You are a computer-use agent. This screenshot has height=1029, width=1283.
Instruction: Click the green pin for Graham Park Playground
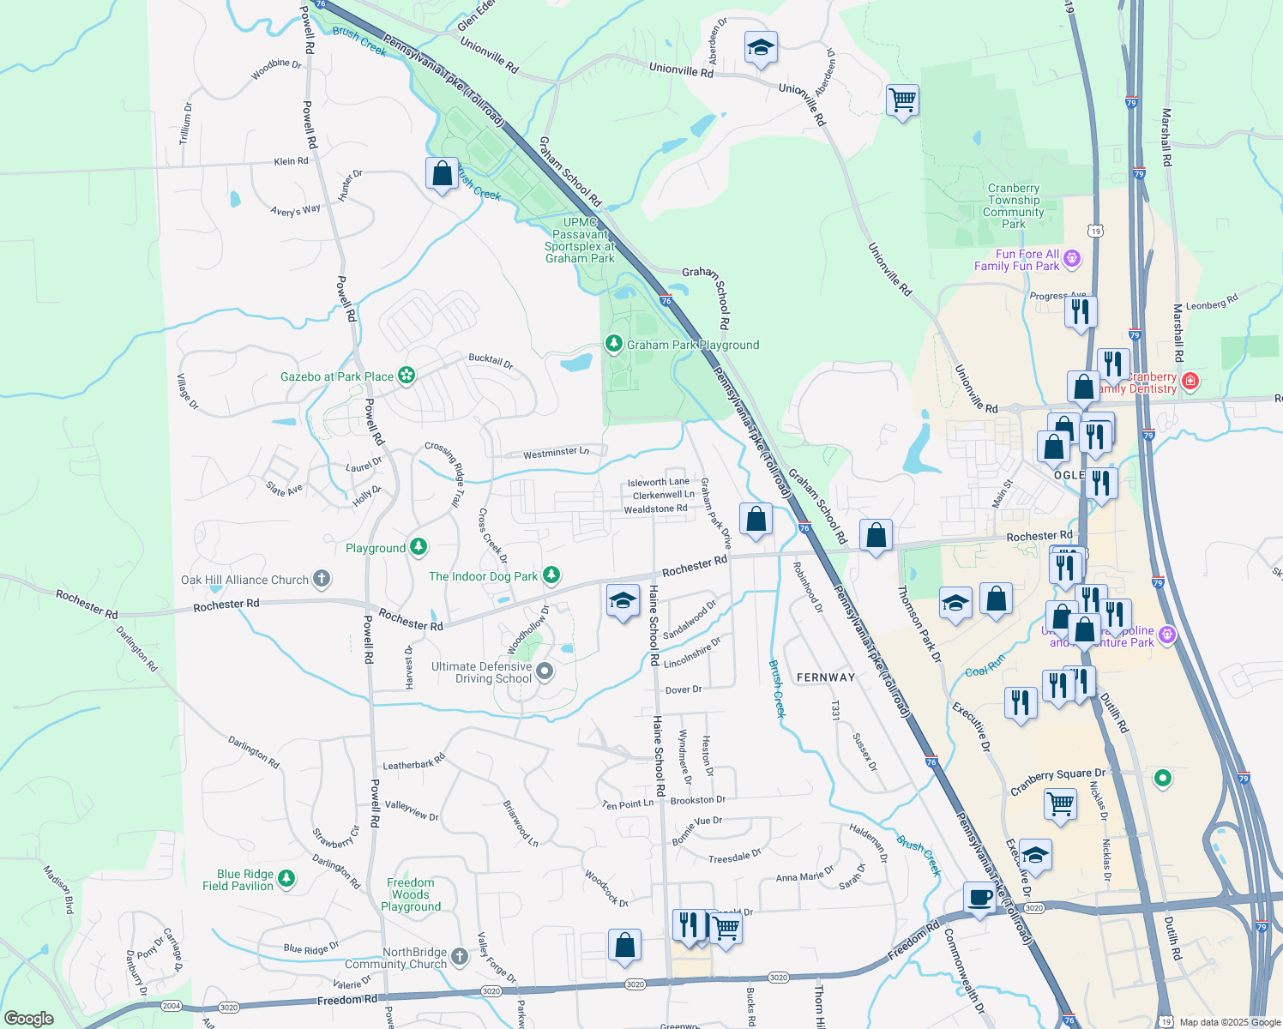point(613,345)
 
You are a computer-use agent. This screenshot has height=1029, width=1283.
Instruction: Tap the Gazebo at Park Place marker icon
point(407,376)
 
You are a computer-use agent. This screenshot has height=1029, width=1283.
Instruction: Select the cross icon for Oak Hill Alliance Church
point(321,580)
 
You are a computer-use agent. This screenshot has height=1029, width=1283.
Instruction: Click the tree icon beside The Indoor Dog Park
point(551,575)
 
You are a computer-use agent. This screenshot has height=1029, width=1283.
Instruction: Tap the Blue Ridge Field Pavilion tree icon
point(286,879)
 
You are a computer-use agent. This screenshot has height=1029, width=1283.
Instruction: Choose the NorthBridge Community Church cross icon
point(460,957)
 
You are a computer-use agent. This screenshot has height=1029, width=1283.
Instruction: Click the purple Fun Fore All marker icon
point(1071,259)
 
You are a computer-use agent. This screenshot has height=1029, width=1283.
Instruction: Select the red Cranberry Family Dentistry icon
point(1190,382)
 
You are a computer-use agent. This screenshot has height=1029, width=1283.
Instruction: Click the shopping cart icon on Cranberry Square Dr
point(1060,804)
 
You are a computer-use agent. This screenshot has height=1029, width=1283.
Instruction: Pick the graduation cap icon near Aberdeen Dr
point(760,48)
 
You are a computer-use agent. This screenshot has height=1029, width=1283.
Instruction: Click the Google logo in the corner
point(28,1019)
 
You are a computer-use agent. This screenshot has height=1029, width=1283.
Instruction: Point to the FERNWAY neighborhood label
point(825,677)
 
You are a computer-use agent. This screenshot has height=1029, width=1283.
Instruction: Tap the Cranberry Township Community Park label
point(1013,206)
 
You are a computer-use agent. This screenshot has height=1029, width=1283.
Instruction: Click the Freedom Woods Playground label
point(411,894)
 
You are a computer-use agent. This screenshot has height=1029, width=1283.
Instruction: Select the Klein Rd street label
point(291,161)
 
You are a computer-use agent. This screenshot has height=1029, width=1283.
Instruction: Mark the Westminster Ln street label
point(556,453)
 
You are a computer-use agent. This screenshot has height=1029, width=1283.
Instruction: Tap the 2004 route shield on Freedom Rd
point(172,1006)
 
